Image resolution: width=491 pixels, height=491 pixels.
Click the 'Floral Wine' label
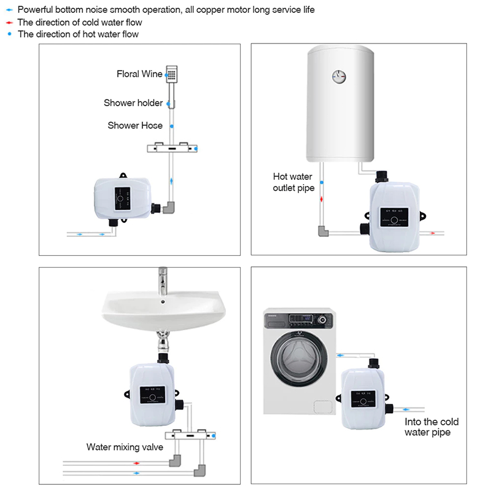point(139,74)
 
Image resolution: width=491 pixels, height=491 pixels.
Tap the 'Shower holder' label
point(133,102)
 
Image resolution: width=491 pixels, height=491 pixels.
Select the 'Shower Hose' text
point(135,125)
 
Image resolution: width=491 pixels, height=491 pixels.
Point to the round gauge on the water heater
point(338,77)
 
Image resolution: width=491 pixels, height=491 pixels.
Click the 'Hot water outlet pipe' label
point(293,182)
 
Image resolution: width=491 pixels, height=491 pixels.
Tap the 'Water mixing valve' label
point(125,447)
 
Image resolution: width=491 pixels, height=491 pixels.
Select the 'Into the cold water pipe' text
point(431,427)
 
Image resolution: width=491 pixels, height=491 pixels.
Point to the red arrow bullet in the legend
point(9,23)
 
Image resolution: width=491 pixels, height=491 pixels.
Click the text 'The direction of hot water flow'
point(78,34)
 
